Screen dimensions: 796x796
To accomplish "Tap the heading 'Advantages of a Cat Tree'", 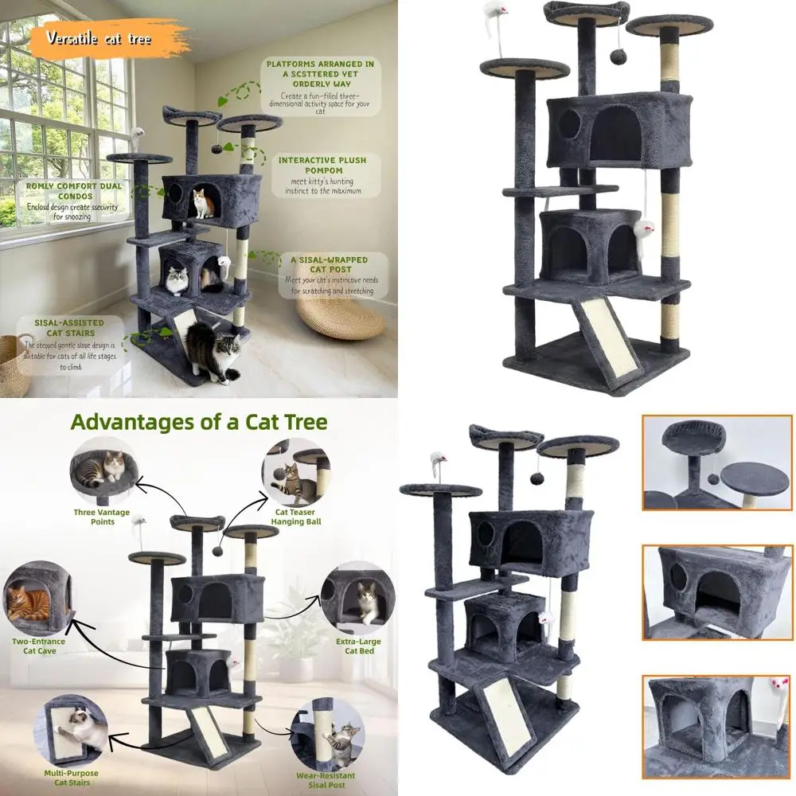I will point(199,422).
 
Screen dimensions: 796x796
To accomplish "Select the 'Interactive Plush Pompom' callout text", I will point(322,174).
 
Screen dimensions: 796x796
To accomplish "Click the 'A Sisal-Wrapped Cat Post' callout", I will point(328,275).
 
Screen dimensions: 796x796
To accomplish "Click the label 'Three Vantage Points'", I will point(101,517).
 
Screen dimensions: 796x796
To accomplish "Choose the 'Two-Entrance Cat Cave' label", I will point(39,646).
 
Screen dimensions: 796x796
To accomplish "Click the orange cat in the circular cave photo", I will point(29,602).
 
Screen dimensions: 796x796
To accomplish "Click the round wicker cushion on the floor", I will point(341,319).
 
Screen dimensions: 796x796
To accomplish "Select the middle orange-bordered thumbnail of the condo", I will point(717,592).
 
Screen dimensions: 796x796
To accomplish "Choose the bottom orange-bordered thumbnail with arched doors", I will point(717,727).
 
